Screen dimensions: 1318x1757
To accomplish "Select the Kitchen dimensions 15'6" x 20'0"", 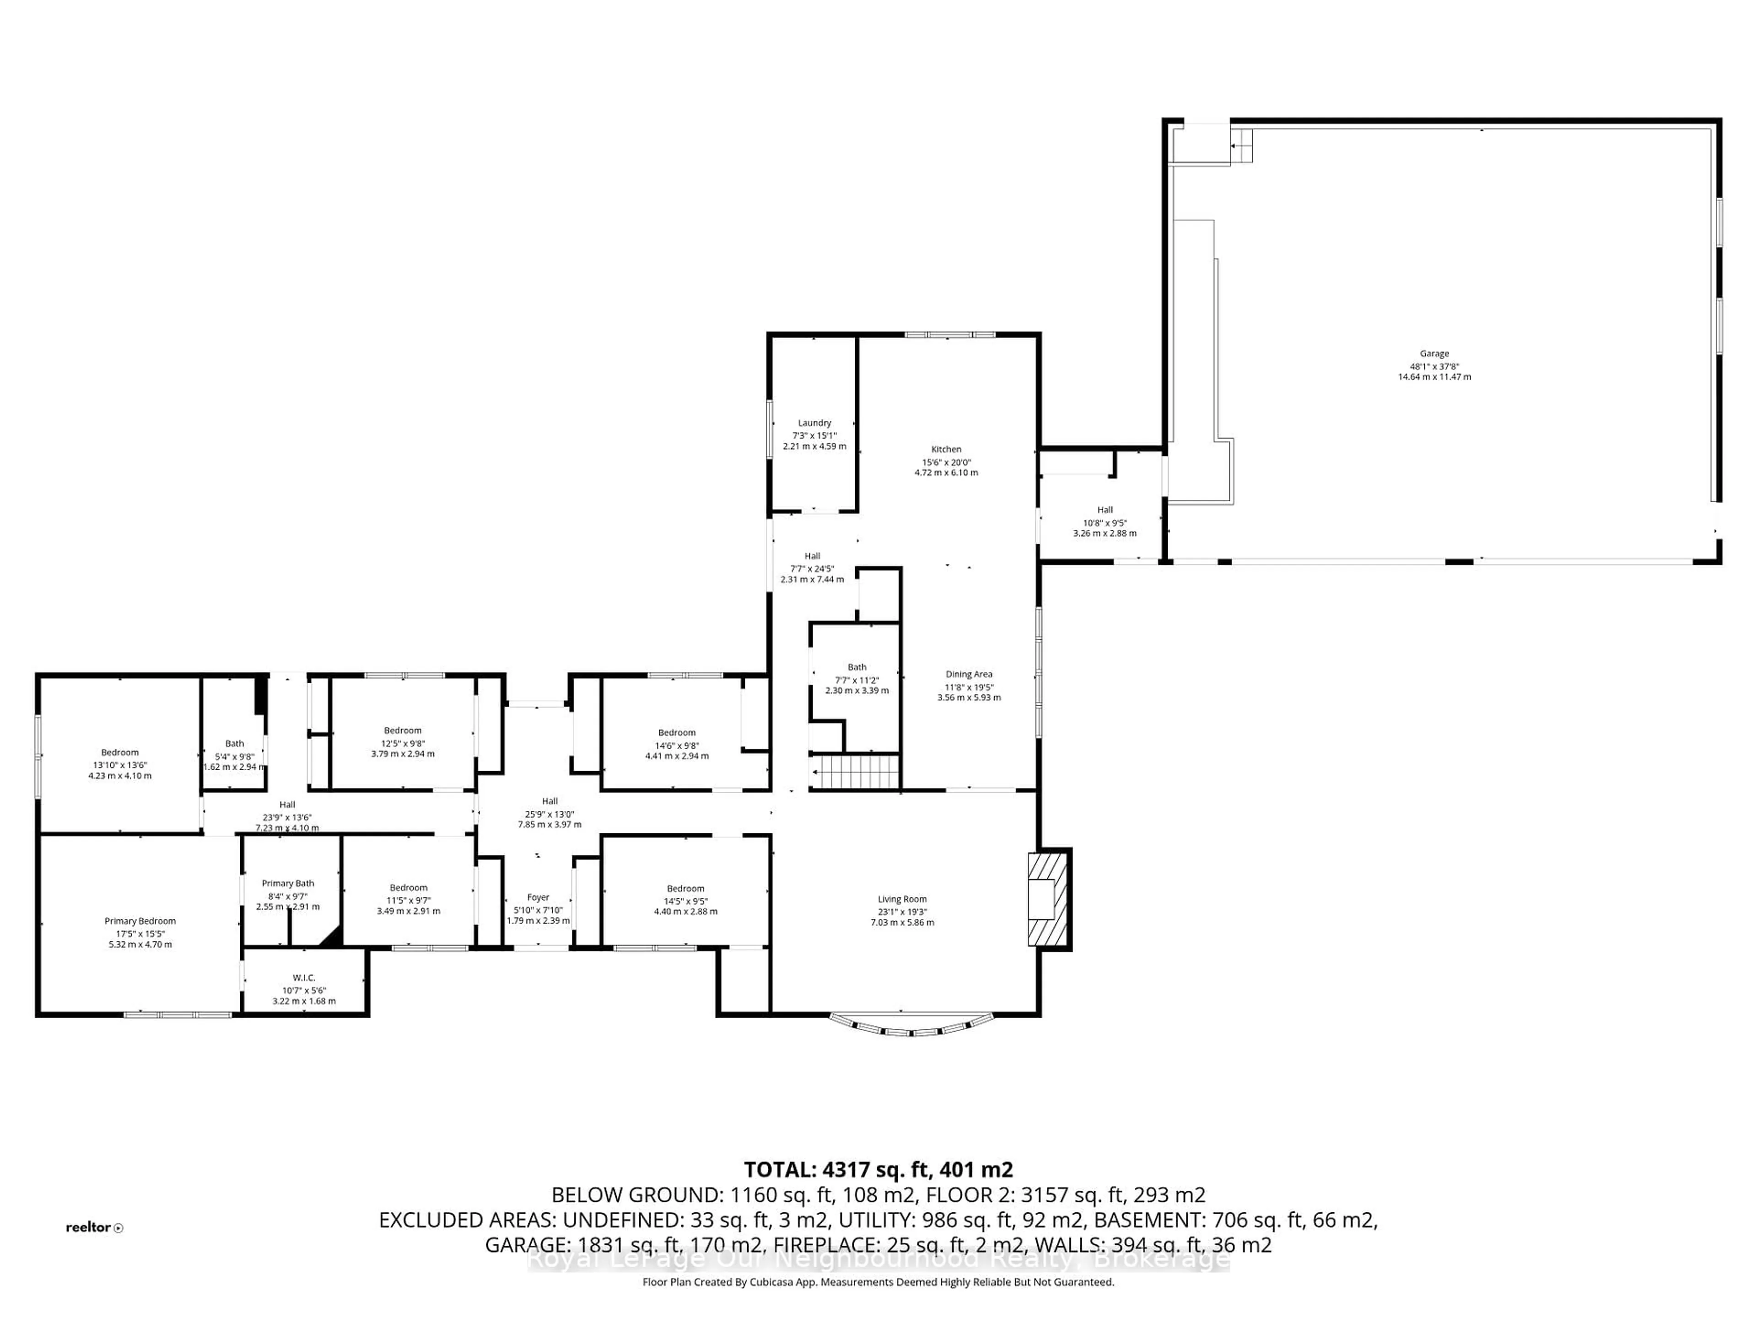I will [946, 462].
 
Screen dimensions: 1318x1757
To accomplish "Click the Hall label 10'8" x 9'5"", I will [1105, 510].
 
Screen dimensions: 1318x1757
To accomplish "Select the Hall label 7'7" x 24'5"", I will [812, 556].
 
